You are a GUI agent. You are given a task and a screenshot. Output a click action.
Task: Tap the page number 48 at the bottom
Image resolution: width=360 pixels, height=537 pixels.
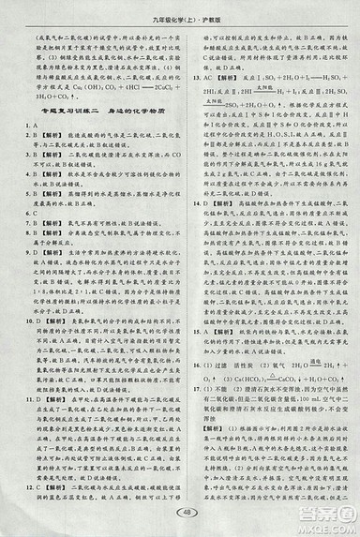(x=181, y=511)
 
